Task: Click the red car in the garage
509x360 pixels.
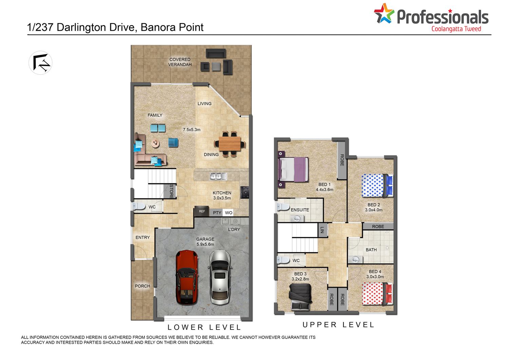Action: (x=187, y=277)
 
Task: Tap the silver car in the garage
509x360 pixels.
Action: (x=220, y=277)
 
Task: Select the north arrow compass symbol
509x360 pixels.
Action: (x=40, y=63)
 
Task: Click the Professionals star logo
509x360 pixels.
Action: (x=384, y=14)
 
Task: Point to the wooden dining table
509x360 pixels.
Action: (x=230, y=144)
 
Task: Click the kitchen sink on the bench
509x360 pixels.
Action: (x=218, y=176)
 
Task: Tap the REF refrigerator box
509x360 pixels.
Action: (x=202, y=211)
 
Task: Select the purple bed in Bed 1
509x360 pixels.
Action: (x=293, y=170)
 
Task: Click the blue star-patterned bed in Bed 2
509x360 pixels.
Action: (x=377, y=185)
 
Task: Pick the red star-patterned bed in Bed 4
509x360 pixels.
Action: (x=377, y=293)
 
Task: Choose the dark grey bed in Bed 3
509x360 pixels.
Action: (x=300, y=298)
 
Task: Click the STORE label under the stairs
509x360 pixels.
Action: (x=171, y=191)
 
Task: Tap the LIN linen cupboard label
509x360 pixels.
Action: (x=322, y=230)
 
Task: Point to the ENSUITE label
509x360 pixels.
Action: (x=300, y=210)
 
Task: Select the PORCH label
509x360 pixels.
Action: (x=143, y=286)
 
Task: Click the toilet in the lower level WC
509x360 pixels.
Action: (x=138, y=206)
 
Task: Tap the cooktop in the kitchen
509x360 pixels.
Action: (x=245, y=192)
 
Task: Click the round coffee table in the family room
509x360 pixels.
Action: (x=155, y=143)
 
